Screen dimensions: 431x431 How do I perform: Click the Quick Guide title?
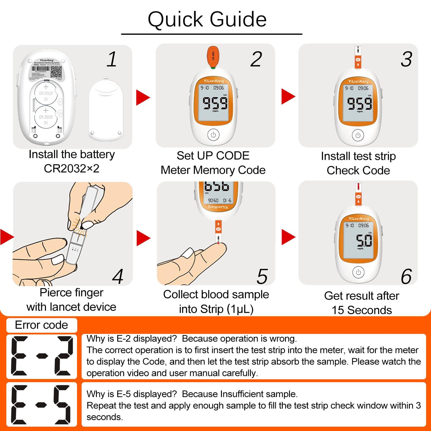coord(207,20)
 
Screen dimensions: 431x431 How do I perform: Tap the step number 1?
coord(112,59)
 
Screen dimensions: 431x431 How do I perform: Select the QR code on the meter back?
coord(56,72)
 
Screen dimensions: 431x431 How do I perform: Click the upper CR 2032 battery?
coord(46,93)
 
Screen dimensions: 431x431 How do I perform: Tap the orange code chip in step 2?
coord(213,57)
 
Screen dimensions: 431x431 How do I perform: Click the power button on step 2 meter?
coord(213,134)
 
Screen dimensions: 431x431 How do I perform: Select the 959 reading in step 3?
coord(359,103)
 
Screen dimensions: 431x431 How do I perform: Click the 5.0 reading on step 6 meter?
coord(364,240)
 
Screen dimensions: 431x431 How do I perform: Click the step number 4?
coord(118,277)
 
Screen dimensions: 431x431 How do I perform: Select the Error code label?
coord(41,325)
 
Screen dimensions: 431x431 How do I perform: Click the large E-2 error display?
coord(42,356)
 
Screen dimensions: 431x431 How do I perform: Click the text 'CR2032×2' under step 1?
coord(72,168)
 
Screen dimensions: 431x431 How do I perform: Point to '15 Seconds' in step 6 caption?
coord(361,310)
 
